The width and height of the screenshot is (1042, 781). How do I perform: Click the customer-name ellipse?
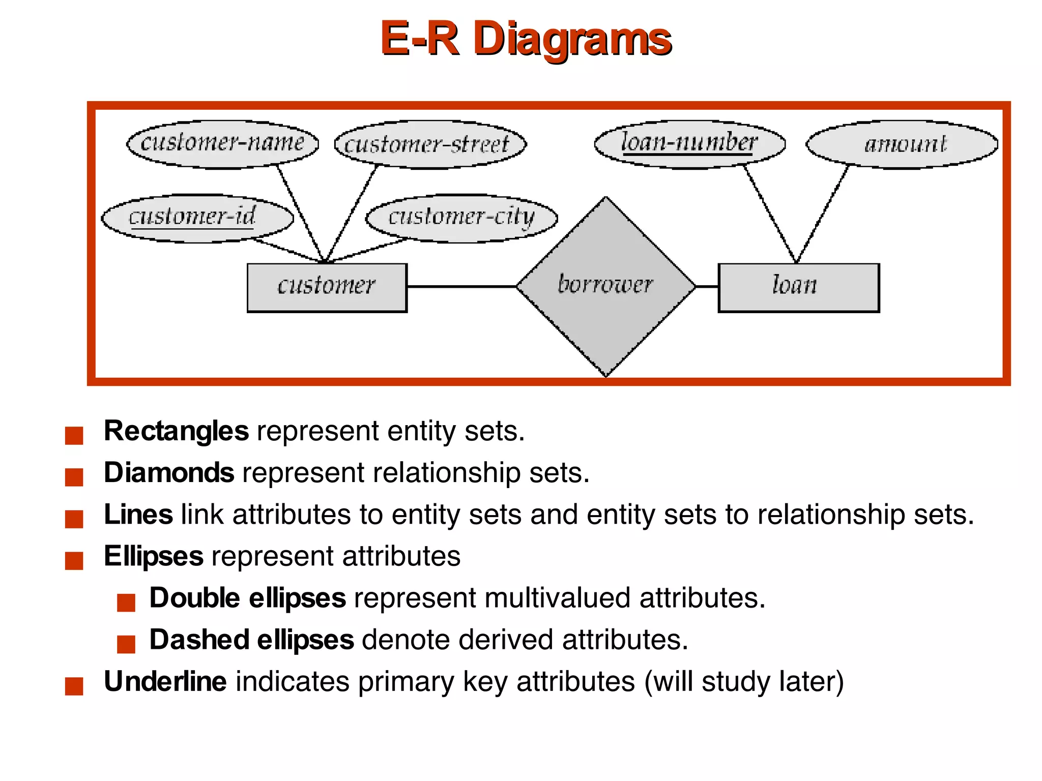222,144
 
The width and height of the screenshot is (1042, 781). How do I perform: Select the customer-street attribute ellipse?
430,144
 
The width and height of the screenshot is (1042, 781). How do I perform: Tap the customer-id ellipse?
197,218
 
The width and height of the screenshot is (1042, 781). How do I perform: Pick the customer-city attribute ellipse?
461,218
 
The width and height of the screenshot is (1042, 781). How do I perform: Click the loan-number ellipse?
690,144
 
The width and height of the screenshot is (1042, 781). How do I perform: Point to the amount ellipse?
902,144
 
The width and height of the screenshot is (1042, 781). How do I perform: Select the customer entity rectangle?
327,287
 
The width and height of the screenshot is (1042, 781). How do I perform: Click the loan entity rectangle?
798,287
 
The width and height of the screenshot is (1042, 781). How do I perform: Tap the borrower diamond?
605,286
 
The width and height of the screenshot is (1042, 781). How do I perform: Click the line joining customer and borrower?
461,287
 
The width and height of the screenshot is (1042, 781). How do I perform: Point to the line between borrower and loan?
707,287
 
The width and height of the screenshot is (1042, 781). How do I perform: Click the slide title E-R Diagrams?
526,39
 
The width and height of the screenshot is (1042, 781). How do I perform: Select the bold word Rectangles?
176,431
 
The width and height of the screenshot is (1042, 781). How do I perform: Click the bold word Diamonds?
169,472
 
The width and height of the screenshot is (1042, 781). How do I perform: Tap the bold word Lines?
138,514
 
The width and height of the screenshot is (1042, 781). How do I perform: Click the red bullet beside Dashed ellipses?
126,644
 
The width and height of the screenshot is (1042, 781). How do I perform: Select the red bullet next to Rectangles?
74,436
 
